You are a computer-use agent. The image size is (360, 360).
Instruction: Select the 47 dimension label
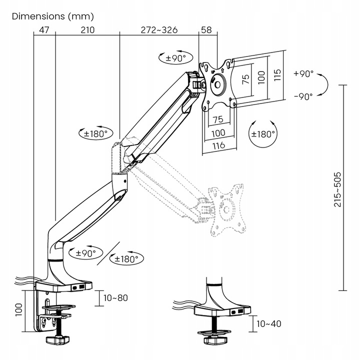pos(43,30)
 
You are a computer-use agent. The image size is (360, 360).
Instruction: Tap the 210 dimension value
pos(87,30)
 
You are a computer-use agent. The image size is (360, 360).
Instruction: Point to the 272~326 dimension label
pos(159,30)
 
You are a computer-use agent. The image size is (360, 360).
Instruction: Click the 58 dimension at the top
pos(205,30)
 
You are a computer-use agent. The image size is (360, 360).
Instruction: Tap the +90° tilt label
pos(304,73)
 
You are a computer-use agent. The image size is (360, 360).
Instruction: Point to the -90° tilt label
pos(303,96)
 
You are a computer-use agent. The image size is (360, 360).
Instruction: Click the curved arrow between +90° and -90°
pos(324,84)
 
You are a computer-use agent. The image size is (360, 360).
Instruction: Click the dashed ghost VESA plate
pos(227,207)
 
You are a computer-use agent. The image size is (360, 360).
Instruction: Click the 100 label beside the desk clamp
pos(18,310)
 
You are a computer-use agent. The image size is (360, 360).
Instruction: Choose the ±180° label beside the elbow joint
pos(96,133)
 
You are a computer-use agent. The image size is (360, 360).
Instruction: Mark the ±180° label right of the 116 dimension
pos(263,133)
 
